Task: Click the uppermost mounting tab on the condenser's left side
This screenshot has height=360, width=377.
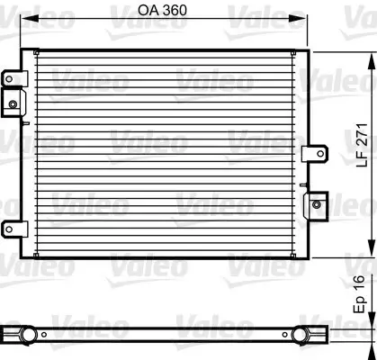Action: [x=11, y=78]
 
